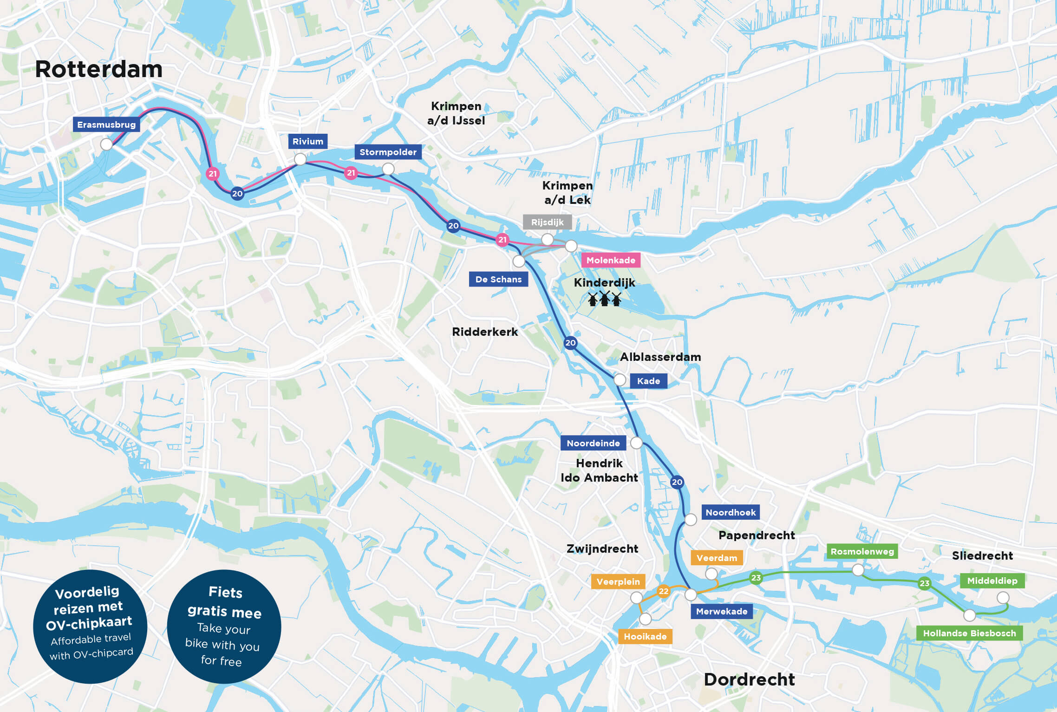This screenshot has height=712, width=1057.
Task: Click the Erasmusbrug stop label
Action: pos(106,124)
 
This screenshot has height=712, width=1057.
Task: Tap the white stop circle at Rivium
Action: pos(300,159)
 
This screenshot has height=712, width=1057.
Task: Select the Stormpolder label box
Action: pos(388,152)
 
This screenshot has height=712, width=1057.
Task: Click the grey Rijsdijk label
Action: pos(547,222)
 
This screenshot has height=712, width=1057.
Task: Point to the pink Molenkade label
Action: pos(610,260)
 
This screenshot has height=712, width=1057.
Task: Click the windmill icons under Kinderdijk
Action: pos(604,299)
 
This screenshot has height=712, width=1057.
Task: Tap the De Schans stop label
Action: pos(498,279)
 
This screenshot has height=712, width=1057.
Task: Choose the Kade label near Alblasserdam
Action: pos(648,381)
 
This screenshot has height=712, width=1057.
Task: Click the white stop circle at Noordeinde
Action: pos(636,443)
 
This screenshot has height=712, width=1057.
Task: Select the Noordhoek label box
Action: pos(731,512)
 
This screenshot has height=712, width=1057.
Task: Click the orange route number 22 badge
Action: pos(664,591)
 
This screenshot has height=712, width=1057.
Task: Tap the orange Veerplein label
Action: pos(618,581)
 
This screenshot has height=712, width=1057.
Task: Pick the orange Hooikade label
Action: pos(645,636)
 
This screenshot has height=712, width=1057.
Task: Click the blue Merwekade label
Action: pos(721,611)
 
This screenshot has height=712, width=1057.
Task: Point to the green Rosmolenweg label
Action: pos(862,551)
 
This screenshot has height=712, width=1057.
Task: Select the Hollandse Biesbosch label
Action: pos(969,633)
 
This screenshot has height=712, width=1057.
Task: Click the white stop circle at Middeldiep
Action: pos(1003,598)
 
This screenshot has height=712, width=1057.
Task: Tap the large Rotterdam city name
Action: pos(99,69)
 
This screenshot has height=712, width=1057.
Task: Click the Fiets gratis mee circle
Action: pos(224,627)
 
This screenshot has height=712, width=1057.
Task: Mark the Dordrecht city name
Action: pos(749,679)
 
